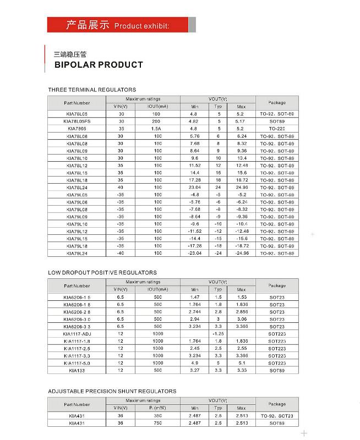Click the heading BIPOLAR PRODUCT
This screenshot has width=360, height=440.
click(98, 65)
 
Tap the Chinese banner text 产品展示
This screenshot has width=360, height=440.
click(88, 25)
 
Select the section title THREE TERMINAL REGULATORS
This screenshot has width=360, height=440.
click(92, 90)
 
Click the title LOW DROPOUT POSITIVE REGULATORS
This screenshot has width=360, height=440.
click(102, 273)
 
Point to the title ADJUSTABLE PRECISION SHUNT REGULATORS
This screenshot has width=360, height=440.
click(112, 391)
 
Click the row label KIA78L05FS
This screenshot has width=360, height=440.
click(77, 120)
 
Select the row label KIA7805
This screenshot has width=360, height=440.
click(77, 128)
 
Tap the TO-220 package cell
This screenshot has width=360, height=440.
click(277, 128)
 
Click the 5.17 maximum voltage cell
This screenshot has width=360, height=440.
click(241, 120)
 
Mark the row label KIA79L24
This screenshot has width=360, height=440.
click(77, 254)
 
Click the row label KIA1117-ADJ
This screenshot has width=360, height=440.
click(77, 334)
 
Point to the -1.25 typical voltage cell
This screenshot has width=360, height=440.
click(218, 334)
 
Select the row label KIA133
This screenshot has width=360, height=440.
click(77, 371)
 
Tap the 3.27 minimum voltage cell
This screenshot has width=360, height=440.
click(194, 371)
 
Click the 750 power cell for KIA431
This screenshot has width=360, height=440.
click(158, 424)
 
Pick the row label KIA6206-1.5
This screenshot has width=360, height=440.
click(77, 297)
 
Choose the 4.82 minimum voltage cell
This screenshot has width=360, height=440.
click(194, 120)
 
